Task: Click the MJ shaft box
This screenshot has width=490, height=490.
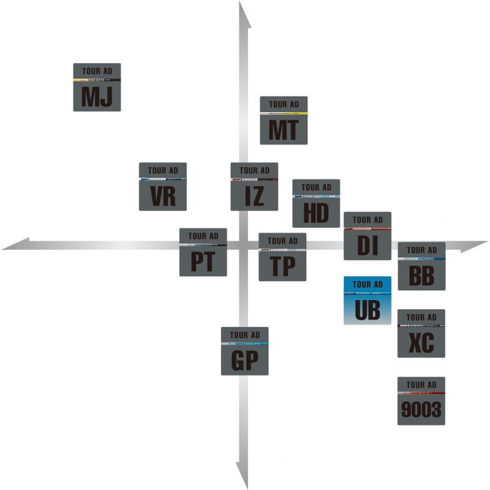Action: pyautogui.click(x=97, y=87)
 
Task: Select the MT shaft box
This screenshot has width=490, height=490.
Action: pyautogui.click(x=284, y=120)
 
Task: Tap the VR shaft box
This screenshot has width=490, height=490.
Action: pyautogui.click(x=163, y=187)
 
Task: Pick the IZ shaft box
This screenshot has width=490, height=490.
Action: pyautogui.click(x=254, y=187)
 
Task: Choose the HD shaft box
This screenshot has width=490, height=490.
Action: pyautogui.click(x=316, y=203)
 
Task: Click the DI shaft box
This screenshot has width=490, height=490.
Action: pyautogui.click(x=367, y=236)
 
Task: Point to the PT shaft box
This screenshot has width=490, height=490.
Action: pyautogui.click(x=203, y=252)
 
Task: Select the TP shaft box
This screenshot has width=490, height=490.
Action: pyautogui.click(x=282, y=257)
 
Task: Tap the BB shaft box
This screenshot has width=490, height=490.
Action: pyautogui.click(x=421, y=266)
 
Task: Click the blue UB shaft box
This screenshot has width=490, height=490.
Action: pyautogui.click(x=367, y=300)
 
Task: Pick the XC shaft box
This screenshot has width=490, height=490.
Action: pyautogui.click(x=421, y=334)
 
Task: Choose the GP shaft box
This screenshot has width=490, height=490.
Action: pyautogui.click(x=245, y=351)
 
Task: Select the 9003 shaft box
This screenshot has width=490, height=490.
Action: pyautogui.click(x=421, y=401)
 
